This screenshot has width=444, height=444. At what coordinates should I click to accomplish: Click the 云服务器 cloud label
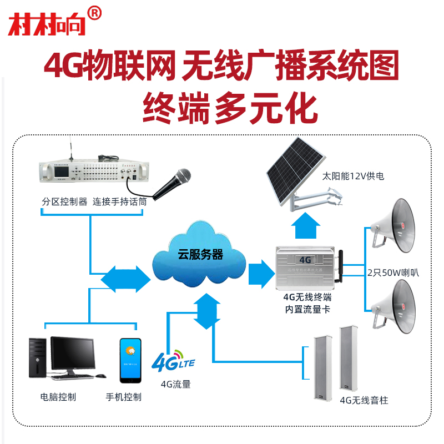(x=200, y=255)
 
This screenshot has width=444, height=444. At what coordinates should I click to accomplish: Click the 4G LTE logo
(x=173, y=361)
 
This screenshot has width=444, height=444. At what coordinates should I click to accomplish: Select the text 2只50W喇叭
(x=391, y=273)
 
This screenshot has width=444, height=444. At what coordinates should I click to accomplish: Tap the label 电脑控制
(x=58, y=397)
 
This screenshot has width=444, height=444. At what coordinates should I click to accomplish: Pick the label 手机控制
(x=124, y=397)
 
